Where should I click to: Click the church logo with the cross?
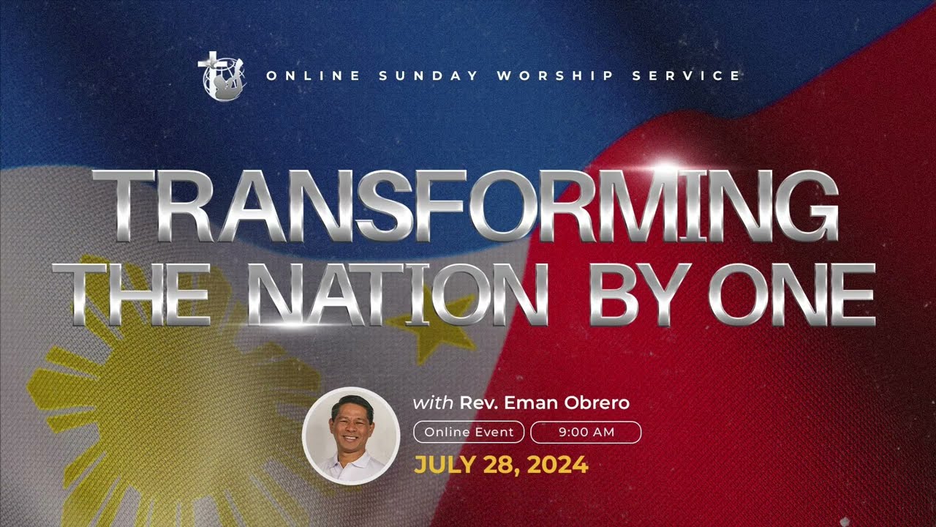pos(222,75)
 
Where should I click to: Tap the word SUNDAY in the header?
pos(429,75)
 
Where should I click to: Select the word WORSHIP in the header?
pos(555,75)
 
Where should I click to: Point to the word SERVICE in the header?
pos(686,75)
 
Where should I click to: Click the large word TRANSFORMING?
pos(466,206)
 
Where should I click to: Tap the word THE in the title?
pos(131,295)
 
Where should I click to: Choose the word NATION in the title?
pos(397,295)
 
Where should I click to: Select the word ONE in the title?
pos(792,295)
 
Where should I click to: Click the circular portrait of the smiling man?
pos(351,436)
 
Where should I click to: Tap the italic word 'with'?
pos(433,403)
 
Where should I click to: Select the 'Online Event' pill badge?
pos(469,432)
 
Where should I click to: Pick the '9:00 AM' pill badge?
pos(586,432)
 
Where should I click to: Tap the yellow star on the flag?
pos(432,327)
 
